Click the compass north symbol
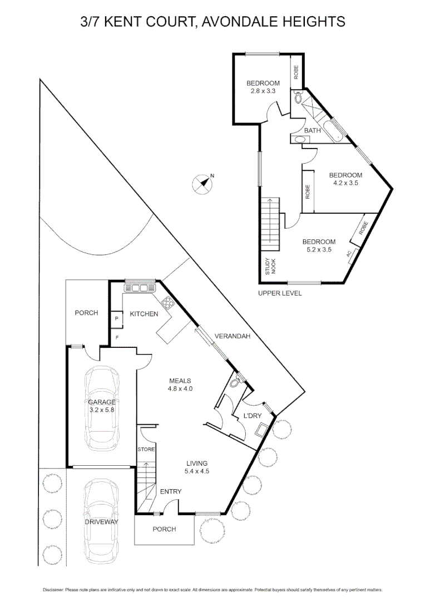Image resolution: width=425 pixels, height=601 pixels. point(203,184)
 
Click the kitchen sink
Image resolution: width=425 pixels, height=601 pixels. point(139,288)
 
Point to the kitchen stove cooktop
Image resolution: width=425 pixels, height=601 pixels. point(167,303)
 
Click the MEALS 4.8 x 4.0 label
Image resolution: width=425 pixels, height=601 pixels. point(181,385)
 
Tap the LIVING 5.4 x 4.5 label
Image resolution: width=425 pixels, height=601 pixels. point(197,467)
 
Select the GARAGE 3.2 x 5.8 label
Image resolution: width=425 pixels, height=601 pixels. point(101,406)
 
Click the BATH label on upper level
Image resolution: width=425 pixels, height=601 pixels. point(312,131)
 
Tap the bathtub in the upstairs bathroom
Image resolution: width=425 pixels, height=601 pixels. point(334,132)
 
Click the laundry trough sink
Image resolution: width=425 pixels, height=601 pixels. point(260,430)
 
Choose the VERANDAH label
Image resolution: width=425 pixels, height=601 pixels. point(233,336)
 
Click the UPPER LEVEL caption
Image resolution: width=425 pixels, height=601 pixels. point(280,293)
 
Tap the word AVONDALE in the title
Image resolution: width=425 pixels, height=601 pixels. point(237,22)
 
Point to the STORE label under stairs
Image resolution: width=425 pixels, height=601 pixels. point(146,449)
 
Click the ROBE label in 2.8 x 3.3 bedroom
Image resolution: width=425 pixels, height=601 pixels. point(296,71)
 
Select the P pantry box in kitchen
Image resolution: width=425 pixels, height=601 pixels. point(117,318)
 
